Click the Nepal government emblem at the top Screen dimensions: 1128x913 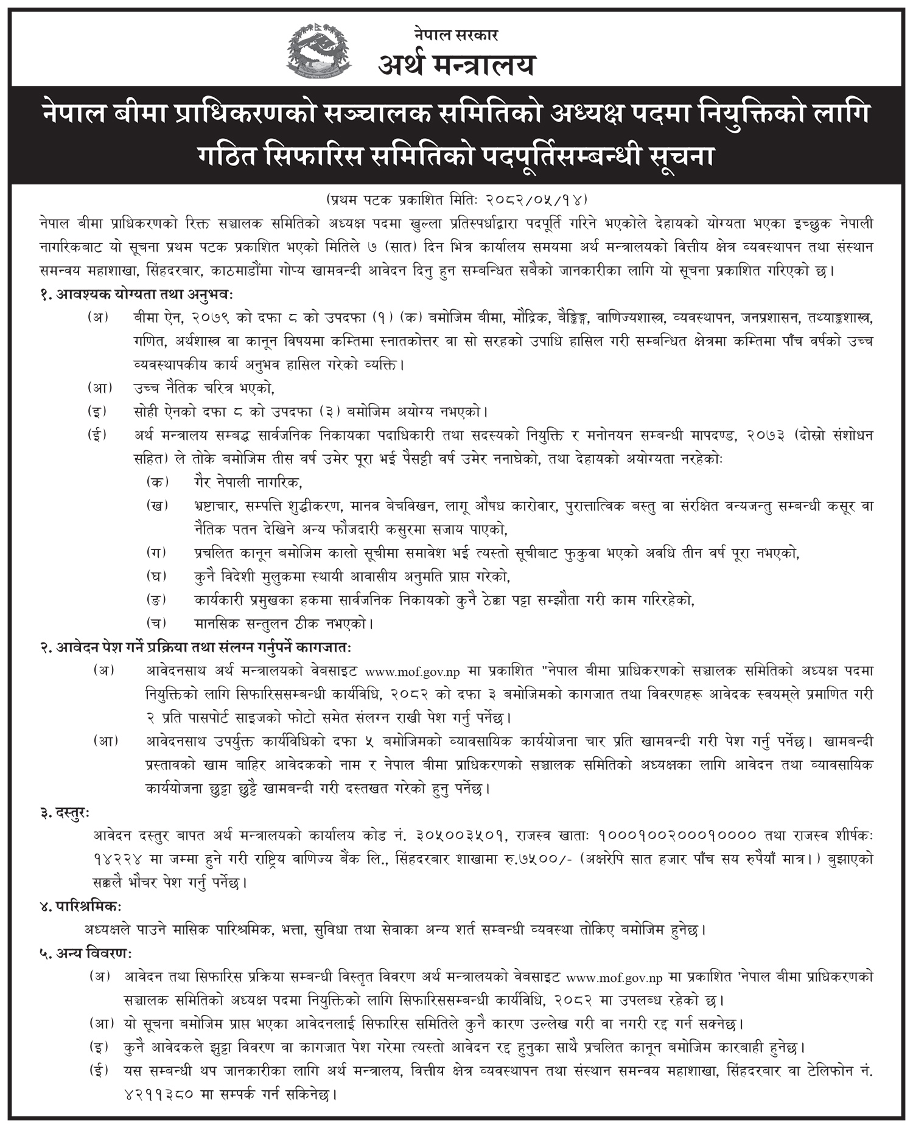(318, 52)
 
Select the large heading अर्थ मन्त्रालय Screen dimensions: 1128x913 (456, 64)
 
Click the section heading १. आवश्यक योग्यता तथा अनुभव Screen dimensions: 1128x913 (136, 294)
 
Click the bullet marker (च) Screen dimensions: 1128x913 (157, 623)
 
